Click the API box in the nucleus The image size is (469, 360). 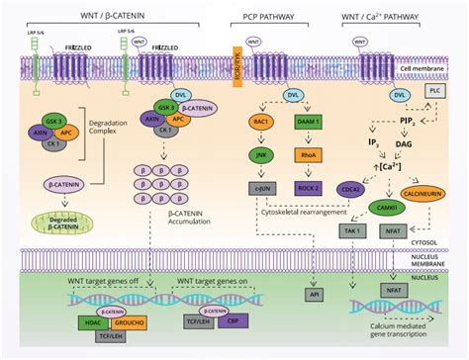313,295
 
